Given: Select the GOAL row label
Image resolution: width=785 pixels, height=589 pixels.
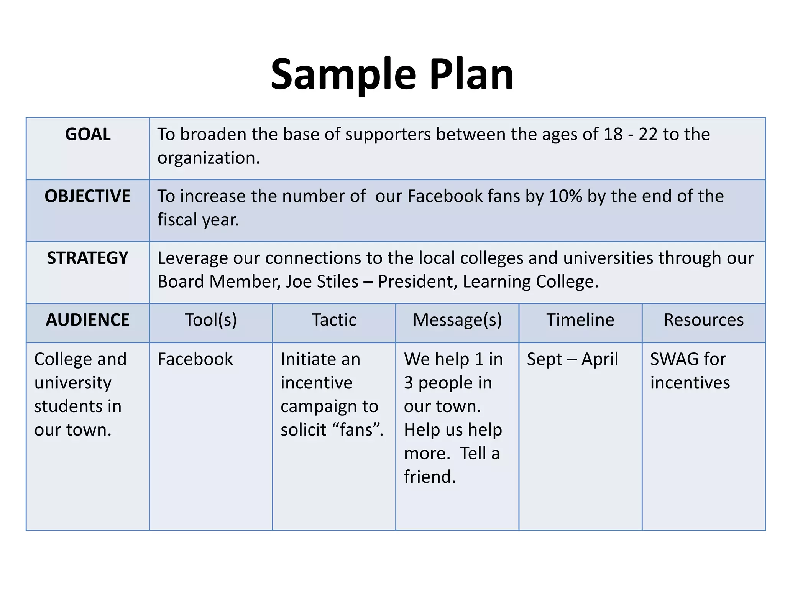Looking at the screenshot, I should pos(88,134).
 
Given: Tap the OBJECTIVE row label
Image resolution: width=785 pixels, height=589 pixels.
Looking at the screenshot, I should pos(88,196).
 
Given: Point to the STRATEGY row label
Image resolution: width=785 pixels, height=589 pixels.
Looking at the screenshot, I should pos(88,258).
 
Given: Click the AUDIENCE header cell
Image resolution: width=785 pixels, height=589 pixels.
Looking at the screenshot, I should pos(88,320).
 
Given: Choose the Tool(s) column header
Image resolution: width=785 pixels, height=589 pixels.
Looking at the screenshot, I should pos(211,320).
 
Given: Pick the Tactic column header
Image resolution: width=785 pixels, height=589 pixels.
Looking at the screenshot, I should pos(334,320).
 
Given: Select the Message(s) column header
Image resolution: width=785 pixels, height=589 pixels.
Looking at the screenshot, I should pos(457,320).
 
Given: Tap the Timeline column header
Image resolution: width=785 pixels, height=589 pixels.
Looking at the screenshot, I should pos(580,320).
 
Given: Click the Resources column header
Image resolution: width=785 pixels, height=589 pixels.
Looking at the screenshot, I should pos(704,320).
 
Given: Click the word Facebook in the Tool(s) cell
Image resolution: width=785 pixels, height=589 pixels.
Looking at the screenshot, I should pos(195,359).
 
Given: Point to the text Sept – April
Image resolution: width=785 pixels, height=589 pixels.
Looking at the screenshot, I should pos(572,359).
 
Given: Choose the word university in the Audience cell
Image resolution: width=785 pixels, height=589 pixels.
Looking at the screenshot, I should pos(73,383).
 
